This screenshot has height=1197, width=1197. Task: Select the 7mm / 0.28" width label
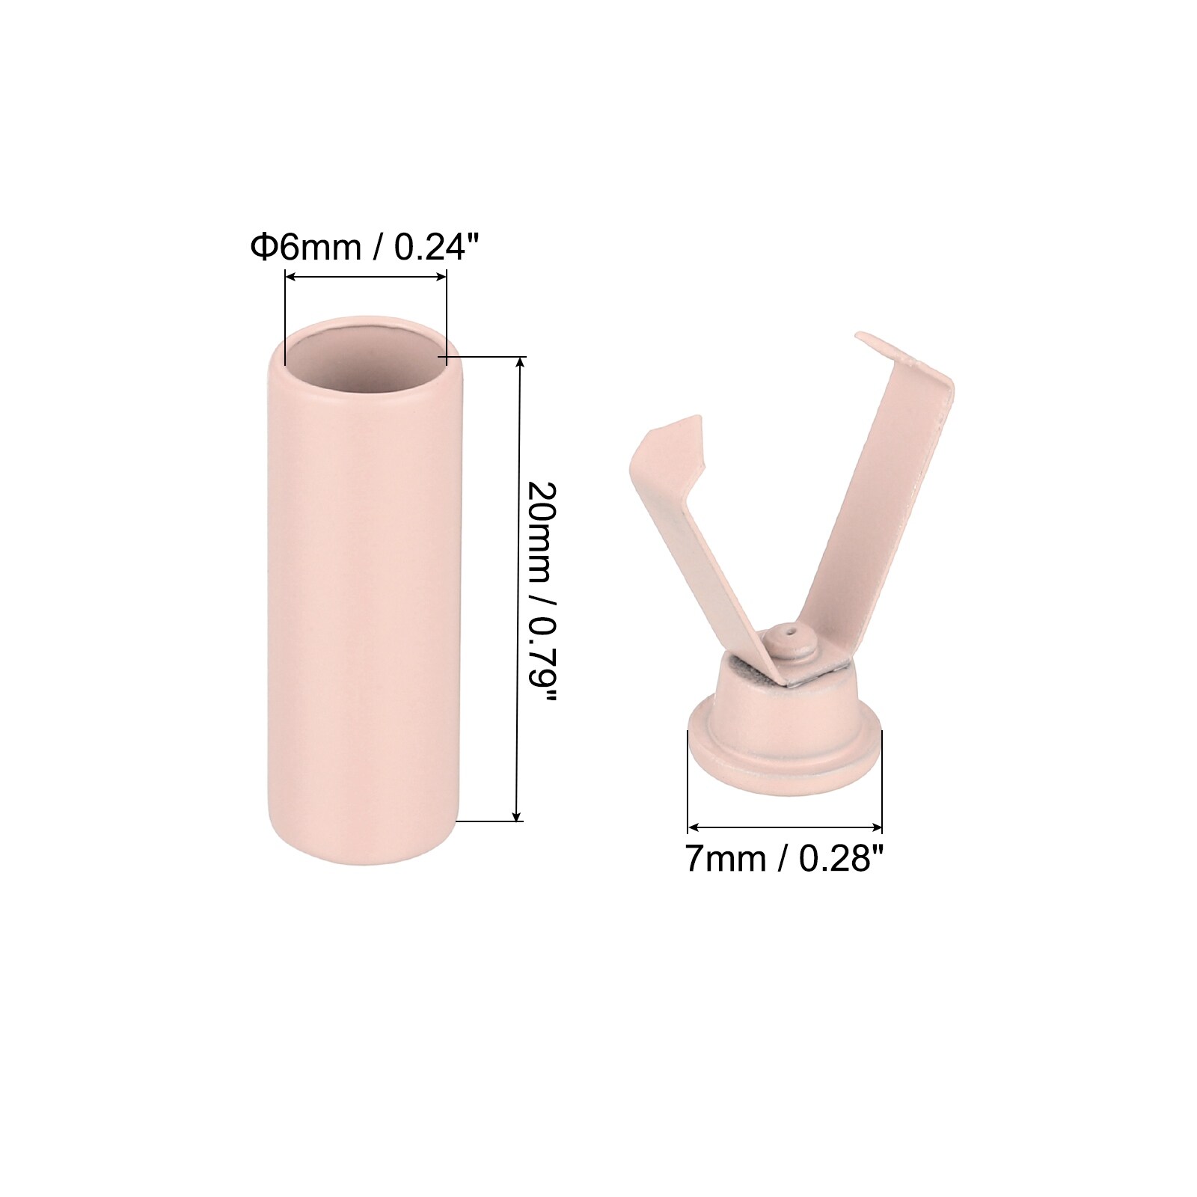coord(785,858)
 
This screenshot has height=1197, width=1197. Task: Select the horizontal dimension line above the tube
coord(366,278)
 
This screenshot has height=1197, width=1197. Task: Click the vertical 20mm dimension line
coord(518,589)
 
